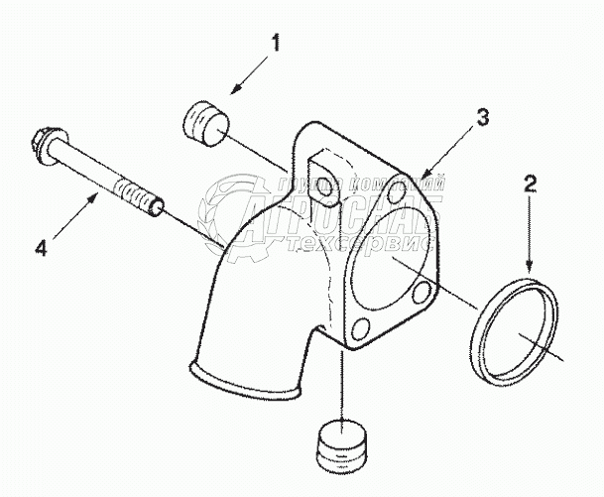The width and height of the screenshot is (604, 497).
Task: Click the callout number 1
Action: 277,44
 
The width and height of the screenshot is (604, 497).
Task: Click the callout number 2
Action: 531,184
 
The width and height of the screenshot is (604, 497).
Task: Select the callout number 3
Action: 481,117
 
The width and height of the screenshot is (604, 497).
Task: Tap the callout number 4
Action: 41,249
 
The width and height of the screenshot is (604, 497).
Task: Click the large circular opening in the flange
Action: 388,257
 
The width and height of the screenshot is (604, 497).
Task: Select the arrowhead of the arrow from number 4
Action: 101,196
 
